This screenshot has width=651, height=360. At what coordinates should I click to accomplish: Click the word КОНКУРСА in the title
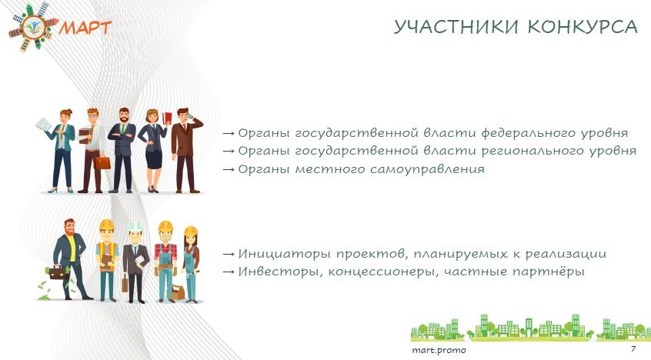[x=583, y=27]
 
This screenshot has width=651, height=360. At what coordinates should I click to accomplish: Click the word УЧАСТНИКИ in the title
[x=456, y=27]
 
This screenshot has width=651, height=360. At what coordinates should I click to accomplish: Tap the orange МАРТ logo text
[x=85, y=27]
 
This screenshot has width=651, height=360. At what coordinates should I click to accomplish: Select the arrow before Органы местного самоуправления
[x=229, y=169]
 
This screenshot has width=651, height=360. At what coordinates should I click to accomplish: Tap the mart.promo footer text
[x=439, y=350]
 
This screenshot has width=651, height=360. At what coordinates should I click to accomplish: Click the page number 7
[x=633, y=348]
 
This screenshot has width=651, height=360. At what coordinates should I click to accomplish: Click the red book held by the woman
[x=167, y=118]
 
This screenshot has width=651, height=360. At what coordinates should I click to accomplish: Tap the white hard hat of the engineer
[x=135, y=226]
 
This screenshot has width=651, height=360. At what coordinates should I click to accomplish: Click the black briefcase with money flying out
[x=58, y=272]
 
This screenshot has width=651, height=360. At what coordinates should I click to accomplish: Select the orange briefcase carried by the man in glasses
[x=102, y=162]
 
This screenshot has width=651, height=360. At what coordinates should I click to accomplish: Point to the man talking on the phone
[x=185, y=150]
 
